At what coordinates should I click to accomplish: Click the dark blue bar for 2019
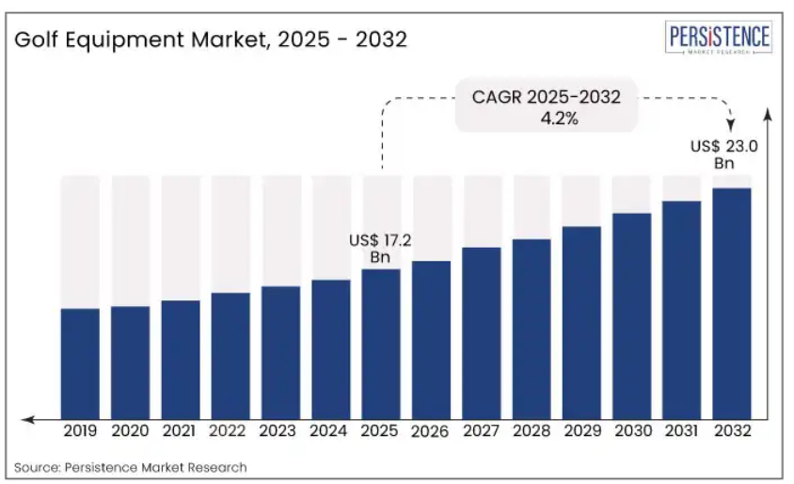point(80,363)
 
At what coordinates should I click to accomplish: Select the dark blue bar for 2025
point(381,344)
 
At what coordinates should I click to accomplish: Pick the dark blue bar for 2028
point(532,329)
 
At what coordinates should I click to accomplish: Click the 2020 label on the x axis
point(130,431)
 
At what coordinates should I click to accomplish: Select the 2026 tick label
point(431,431)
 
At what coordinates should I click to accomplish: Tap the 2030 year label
point(631,431)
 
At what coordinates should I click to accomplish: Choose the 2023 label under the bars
point(280,431)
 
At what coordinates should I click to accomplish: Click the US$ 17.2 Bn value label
point(380,249)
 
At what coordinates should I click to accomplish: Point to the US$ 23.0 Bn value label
point(723,154)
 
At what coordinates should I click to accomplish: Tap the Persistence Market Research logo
point(720,40)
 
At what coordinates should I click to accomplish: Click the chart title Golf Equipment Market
point(212,40)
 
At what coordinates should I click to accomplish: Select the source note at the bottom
point(131,467)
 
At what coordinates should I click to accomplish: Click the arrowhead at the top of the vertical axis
point(768,115)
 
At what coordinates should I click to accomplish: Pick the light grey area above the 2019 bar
point(80,241)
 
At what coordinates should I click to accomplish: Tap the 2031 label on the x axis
point(682,431)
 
